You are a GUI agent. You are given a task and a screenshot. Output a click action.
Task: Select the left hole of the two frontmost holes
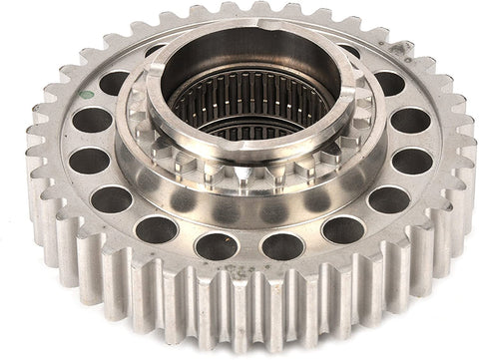217,245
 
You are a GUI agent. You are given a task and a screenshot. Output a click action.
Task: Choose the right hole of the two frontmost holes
282,245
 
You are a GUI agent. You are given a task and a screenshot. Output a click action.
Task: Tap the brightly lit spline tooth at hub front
240,178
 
